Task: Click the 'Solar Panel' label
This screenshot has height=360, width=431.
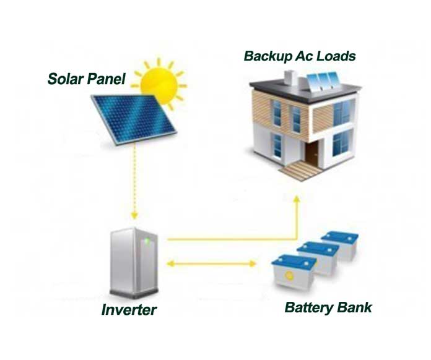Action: (86, 79)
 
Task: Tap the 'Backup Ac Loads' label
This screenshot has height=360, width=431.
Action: (300, 56)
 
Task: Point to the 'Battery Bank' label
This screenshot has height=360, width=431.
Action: (328, 307)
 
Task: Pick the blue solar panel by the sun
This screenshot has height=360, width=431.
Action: (133, 117)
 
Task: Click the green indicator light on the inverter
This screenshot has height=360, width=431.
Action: (147, 242)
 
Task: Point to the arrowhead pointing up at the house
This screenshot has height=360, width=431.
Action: (296, 199)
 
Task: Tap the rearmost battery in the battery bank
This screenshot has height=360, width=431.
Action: (339, 244)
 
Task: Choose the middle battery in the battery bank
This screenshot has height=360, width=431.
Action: (318, 256)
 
